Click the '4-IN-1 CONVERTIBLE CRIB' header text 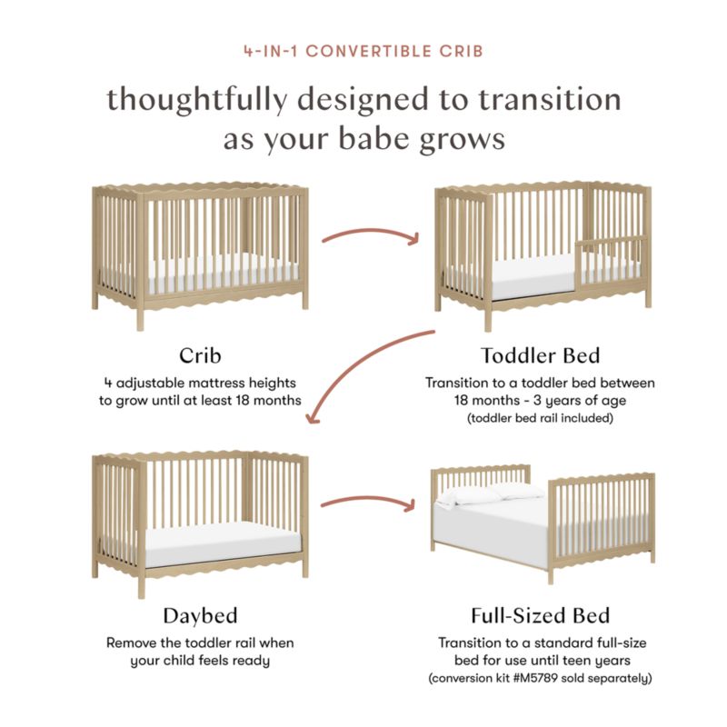coord(363,51)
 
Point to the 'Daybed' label coord(200,615)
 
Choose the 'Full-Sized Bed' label coord(540,615)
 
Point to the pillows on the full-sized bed coord(491,493)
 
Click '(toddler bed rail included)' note coord(540,419)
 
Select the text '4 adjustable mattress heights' coord(200,383)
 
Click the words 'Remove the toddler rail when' coord(200,642)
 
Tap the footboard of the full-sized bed coord(604,523)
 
